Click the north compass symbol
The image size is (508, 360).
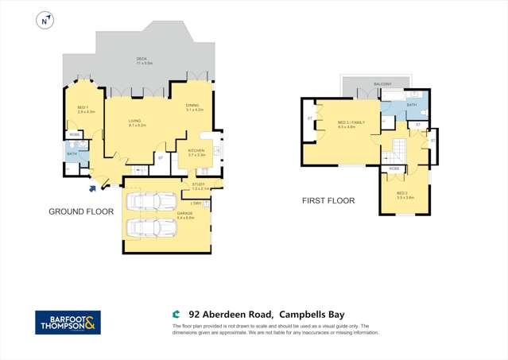tap(45, 21)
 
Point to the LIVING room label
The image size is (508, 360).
tap(135, 122)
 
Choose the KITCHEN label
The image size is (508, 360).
tap(196, 151)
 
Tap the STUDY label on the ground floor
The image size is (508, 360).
tap(200, 185)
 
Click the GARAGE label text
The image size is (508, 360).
tap(185, 214)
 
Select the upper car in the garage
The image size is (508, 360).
tap(153, 201)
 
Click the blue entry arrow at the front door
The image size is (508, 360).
tap(93, 188)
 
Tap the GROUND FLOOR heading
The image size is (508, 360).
tap(81, 211)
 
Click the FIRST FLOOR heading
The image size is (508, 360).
tap(328, 201)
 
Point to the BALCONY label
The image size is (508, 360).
tap(382, 83)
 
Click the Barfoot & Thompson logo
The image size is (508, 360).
tap(68, 322)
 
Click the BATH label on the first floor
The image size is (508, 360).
tap(411, 104)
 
